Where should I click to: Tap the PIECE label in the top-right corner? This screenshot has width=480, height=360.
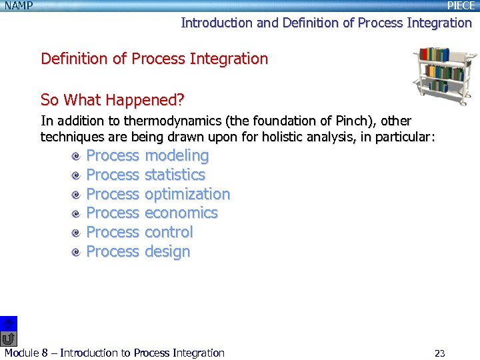pos(461,6)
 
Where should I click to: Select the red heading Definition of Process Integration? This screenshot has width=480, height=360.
pos(154,59)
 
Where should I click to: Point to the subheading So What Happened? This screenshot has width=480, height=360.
pos(112,101)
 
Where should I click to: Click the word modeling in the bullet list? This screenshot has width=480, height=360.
pos(177,156)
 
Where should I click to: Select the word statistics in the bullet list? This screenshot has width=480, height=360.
pos(175,175)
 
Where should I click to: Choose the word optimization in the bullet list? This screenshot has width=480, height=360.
pos(187,194)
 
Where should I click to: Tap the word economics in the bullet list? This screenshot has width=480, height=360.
pos(181,213)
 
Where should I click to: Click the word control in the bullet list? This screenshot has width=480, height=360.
pos(169,232)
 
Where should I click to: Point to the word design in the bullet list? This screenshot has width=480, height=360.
pos(167,251)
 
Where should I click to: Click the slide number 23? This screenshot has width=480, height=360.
pos(439,353)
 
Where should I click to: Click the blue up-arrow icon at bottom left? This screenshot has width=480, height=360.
pos(8,323)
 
